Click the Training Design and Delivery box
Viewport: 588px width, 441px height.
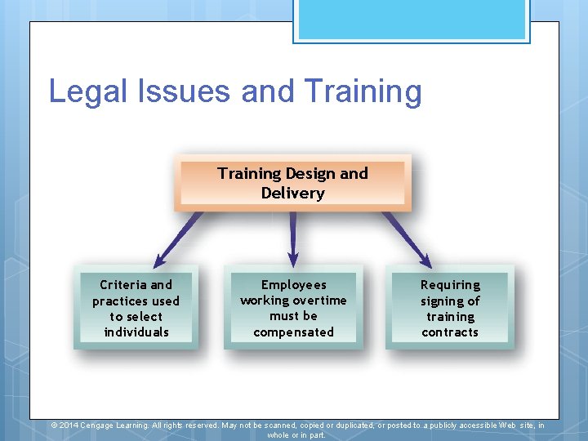292,183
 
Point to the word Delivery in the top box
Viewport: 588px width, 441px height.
292,194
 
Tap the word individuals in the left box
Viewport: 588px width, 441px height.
136,332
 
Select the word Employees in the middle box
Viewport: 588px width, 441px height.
293,285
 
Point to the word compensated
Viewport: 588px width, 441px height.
293,332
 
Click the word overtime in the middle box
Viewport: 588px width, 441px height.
316,301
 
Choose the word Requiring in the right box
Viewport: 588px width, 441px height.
450,285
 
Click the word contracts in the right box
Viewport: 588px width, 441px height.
450,332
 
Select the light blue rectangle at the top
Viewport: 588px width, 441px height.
411,19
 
